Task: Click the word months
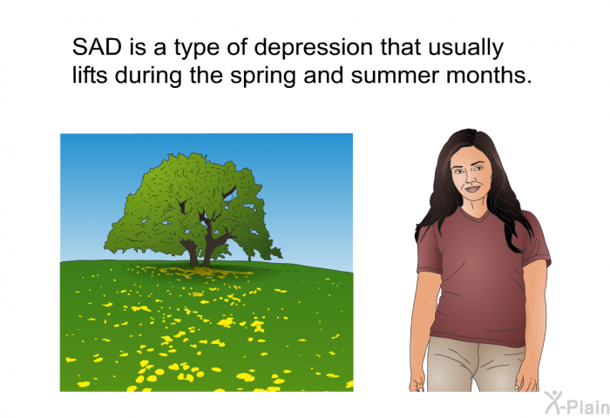coord(489,75)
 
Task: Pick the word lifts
coord(90,75)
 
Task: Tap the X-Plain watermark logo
coord(577,403)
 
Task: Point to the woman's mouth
coord(472,189)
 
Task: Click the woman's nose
coord(471,179)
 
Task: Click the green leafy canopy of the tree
coord(191,202)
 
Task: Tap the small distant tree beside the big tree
coord(249,253)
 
